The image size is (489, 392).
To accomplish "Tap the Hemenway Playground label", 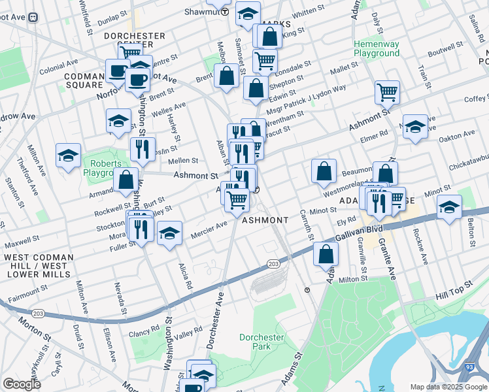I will (x=376, y=48).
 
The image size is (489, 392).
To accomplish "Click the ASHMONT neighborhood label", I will (x=265, y=221).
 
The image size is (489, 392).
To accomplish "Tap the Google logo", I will (x=22, y=385).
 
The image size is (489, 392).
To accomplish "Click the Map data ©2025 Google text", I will (x=448, y=387).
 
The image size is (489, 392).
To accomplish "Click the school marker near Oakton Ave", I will (x=414, y=127).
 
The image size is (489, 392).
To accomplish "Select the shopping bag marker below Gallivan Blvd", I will (x=326, y=254).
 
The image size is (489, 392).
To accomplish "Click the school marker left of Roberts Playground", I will (x=68, y=155).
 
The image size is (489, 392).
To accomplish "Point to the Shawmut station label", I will (x=205, y=12).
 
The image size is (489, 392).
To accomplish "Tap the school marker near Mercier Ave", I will (x=169, y=235).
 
